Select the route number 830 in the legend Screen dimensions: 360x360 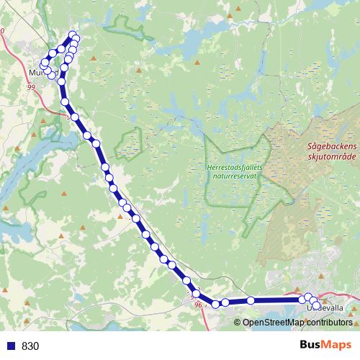pos(30,346)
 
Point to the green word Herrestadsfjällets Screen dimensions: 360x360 pos(235,167)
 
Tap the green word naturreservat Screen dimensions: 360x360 pos(235,177)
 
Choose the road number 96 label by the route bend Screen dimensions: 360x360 pos(199,305)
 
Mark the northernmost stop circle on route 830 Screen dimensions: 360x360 pos(73,35)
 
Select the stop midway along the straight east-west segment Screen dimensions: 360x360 pos(251,301)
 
